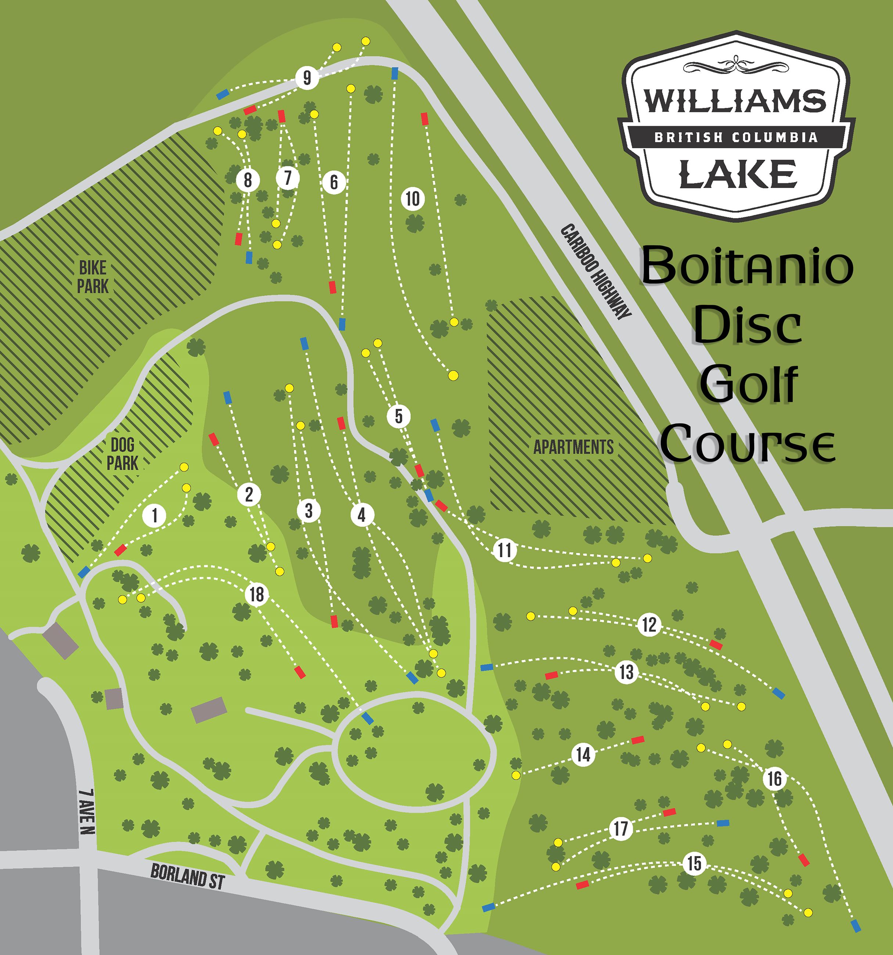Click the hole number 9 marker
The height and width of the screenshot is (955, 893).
(x=306, y=78)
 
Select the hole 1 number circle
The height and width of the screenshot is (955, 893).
(x=154, y=515)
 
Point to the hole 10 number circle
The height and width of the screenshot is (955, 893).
(x=413, y=198)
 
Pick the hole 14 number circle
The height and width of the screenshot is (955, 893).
(x=583, y=755)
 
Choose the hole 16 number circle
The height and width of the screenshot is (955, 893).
(x=774, y=778)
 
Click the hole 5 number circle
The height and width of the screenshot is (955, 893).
(x=399, y=416)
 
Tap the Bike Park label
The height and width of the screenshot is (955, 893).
(x=93, y=277)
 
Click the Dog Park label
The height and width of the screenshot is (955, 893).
(x=122, y=454)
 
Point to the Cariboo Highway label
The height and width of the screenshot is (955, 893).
(x=596, y=272)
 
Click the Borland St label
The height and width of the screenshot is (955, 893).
(x=187, y=877)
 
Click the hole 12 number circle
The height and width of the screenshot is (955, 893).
(x=649, y=624)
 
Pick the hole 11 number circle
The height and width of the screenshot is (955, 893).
(x=504, y=549)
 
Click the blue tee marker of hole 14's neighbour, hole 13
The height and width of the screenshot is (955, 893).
(x=487, y=667)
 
